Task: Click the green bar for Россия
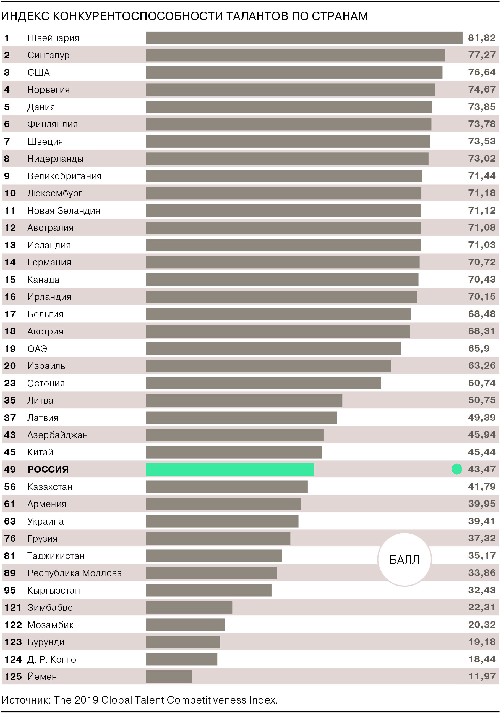[230, 469]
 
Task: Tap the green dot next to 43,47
[456, 469]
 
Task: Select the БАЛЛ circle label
[404, 560]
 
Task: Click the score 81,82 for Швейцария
[482, 38]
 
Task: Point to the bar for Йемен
[169, 676]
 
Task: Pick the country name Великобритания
[64, 176]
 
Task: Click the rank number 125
[13, 676]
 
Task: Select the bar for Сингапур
[295, 55]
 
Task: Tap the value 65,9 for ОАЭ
[479, 348]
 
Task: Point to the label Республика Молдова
[74, 573]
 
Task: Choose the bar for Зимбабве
[189, 607]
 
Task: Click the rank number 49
[10, 469]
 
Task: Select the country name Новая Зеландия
[64, 210]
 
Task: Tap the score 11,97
[482, 676]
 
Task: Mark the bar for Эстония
[263, 383]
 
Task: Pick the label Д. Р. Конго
[52, 659]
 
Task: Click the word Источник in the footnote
[25, 700]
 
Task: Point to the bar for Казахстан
[227, 487]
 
